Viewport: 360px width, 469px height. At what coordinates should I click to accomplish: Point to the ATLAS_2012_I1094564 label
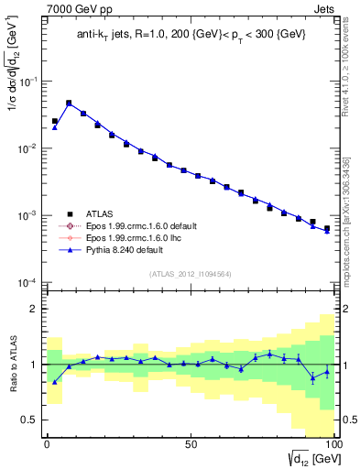190,272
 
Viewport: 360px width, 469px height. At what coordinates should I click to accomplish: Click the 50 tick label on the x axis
190,443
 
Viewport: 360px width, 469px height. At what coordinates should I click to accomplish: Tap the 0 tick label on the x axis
47,443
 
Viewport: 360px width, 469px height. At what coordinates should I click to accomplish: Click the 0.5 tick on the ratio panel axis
30,420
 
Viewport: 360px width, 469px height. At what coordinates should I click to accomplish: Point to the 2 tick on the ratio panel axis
35,309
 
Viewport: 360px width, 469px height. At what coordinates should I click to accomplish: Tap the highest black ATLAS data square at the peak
69,104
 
